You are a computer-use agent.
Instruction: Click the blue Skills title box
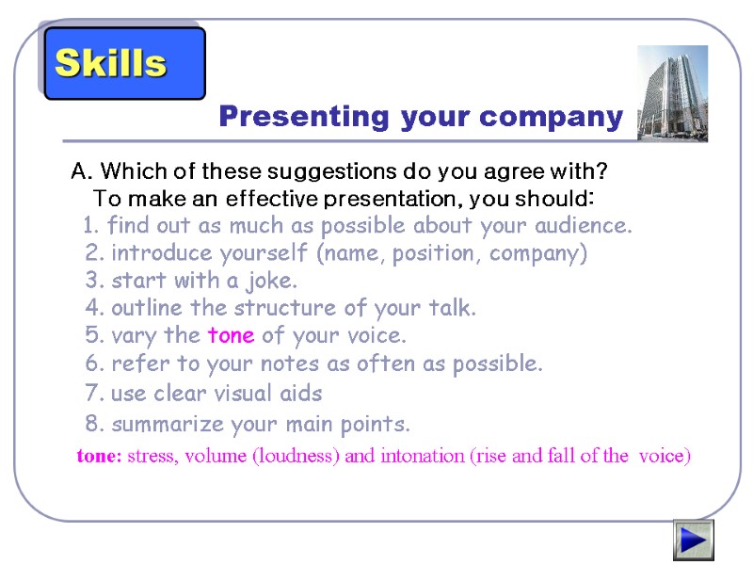point(124,63)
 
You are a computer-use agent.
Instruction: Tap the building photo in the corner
point(672,92)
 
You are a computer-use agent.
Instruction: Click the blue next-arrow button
point(693,541)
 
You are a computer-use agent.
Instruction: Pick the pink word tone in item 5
point(231,335)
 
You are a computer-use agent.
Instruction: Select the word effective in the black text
point(270,200)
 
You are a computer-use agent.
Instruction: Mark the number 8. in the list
point(93,424)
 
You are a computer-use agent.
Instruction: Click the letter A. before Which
point(82,172)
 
